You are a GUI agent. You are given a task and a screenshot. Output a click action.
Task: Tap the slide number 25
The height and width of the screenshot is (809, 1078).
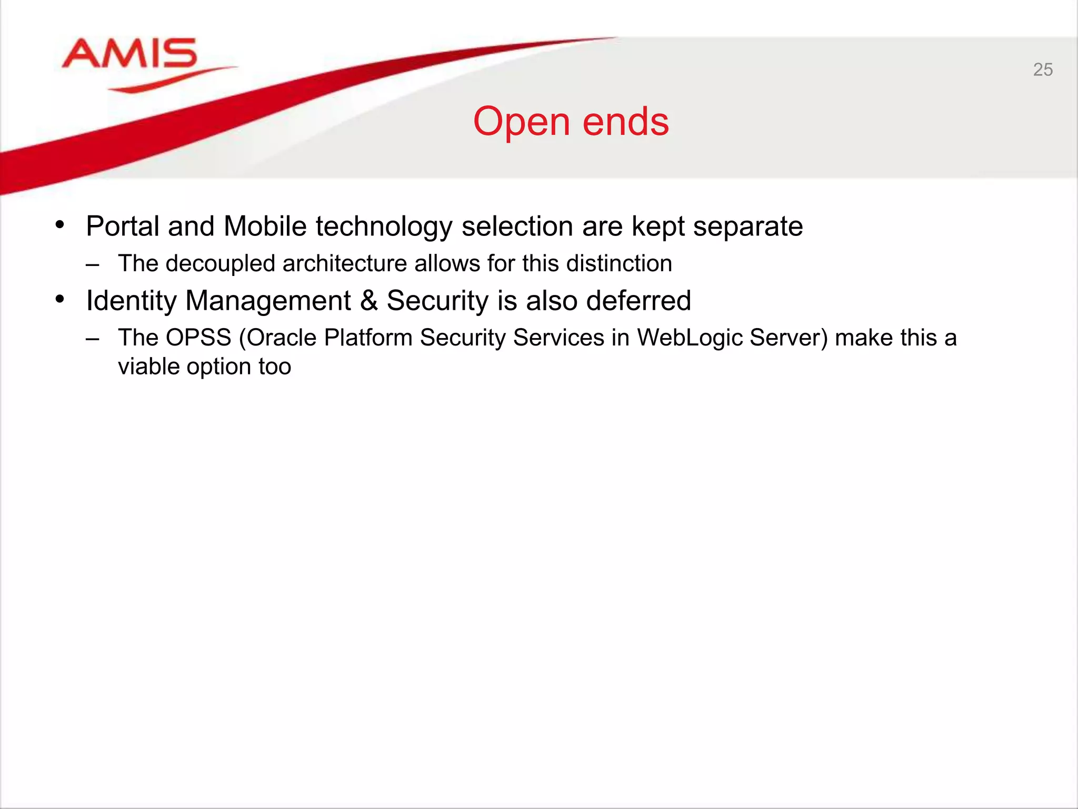click(x=1043, y=70)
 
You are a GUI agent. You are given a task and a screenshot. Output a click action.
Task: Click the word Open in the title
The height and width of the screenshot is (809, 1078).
click(x=521, y=122)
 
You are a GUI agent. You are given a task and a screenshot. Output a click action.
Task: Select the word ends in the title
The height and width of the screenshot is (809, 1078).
click(x=626, y=122)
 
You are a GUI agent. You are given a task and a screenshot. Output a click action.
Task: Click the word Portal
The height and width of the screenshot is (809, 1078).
click(x=123, y=226)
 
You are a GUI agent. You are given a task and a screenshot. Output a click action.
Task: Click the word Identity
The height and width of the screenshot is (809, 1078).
click(x=131, y=301)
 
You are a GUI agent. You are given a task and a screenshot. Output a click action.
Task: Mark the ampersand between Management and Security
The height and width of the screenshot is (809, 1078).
click(x=369, y=301)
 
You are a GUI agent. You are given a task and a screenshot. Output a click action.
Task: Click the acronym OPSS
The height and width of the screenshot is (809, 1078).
click(x=198, y=338)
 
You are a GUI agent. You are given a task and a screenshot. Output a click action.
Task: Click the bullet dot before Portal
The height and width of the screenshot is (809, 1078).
click(x=60, y=225)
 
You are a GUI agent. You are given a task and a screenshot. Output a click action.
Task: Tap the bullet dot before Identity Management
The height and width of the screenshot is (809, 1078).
click(x=60, y=299)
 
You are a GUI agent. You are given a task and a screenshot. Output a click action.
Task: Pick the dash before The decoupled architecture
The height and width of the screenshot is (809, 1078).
click(x=92, y=264)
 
